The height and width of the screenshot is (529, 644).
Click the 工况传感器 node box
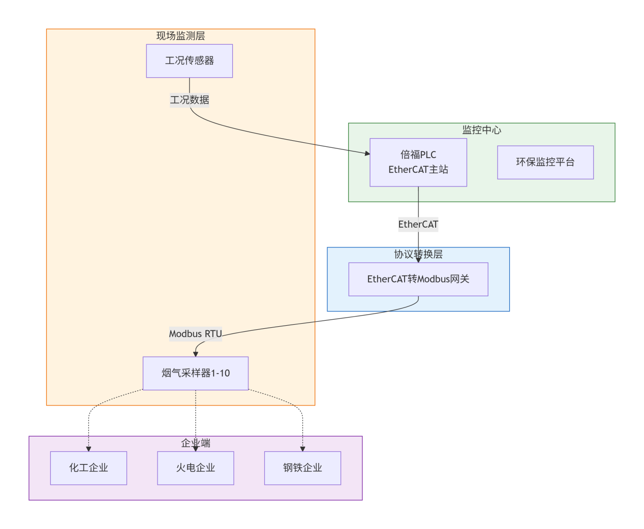tap(189, 61)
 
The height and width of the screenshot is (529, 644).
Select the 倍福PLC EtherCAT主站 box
tap(418, 162)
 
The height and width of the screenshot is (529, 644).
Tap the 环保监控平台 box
tap(545, 162)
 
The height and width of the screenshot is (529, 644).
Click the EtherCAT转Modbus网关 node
tap(418, 279)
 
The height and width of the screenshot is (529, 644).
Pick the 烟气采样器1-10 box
tap(195, 373)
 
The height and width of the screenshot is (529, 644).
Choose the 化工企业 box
tap(88, 468)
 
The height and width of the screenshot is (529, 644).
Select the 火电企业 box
tap(195, 468)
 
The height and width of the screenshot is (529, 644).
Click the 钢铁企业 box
tap(302, 468)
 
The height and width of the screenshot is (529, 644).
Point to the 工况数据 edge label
tap(189, 100)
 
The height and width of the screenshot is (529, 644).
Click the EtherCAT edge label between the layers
tap(418, 224)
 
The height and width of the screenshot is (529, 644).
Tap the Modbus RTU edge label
tap(195, 334)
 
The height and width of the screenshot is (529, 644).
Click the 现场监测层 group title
tap(180, 36)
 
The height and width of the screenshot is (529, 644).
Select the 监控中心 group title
tap(481, 130)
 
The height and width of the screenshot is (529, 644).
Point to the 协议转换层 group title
tap(418, 254)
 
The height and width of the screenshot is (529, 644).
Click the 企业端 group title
tap(195, 443)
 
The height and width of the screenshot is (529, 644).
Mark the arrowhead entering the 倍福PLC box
tap(367, 153)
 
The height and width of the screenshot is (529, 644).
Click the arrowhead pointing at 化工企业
tap(88, 449)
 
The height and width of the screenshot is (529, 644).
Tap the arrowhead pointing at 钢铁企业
tap(302, 449)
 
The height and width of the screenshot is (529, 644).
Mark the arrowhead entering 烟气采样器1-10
tap(195, 354)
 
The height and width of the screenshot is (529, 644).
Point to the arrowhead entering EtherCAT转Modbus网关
tap(418, 260)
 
